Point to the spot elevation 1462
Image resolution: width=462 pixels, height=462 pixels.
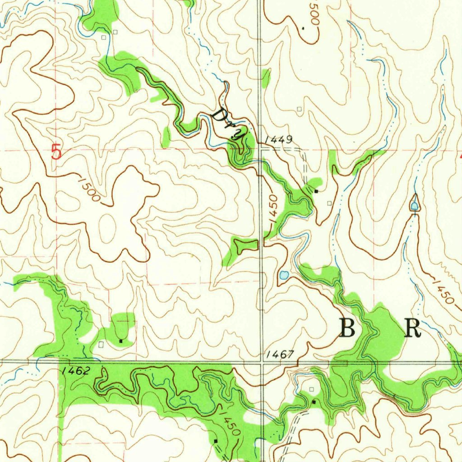click(x=77, y=371)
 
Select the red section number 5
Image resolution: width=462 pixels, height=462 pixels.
click(x=56, y=152)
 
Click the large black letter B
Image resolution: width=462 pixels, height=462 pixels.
click(x=347, y=328)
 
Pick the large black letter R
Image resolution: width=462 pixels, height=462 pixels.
click(x=412, y=328)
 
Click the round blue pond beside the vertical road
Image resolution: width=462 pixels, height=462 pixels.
click(x=284, y=274)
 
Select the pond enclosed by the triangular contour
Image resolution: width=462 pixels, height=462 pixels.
click(x=414, y=206)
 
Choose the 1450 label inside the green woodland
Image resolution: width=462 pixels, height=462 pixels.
click(x=229, y=422)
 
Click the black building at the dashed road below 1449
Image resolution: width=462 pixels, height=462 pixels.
click(x=316, y=191)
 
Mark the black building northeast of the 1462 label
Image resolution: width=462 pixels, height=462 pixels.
click(x=121, y=341)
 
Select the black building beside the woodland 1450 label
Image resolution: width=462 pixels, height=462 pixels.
click(x=216, y=440)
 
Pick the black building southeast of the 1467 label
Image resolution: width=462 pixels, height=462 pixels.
click(x=314, y=402)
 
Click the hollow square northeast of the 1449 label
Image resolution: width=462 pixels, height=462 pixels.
click(x=300, y=109)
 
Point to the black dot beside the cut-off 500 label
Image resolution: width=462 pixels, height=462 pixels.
click(x=303, y=28)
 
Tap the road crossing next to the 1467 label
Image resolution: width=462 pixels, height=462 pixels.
click(x=262, y=361)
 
